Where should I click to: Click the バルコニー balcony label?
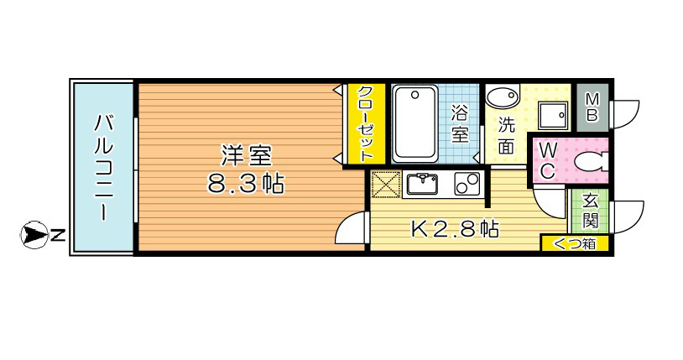(102, 167)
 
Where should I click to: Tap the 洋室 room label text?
(246, 155)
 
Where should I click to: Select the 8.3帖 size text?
(246, 183)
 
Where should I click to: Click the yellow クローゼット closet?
(368, 123)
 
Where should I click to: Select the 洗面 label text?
(505, 137)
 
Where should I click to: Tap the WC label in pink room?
(546, 160)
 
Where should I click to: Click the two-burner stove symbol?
(467, 184)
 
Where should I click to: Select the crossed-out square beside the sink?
(384, 183)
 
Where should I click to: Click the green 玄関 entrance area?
(590, 211)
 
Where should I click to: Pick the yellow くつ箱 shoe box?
(574, 243)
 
